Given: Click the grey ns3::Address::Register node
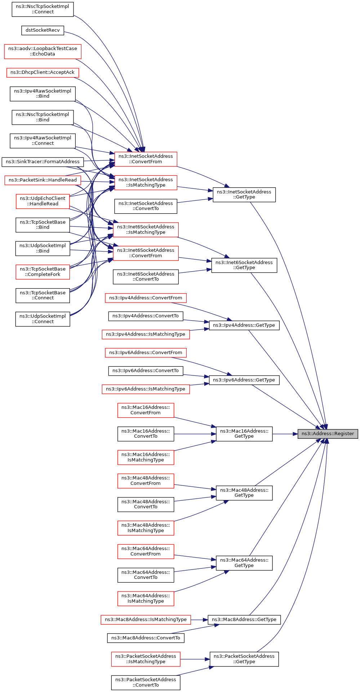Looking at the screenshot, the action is point(328,434).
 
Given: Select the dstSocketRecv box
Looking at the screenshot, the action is point(43,30).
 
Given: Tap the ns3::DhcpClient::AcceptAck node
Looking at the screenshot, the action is point(43,72).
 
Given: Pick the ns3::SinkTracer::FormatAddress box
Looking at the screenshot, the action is point(43,162).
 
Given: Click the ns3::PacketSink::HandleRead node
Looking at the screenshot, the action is point(43,180).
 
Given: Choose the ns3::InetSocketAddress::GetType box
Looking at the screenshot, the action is point(244,195).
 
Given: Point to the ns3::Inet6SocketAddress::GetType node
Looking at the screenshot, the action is point(244,265).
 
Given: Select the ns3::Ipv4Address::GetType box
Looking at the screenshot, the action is point(244,325).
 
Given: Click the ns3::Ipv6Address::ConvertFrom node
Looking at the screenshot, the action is point(146,353).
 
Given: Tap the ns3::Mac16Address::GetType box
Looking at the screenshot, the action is point(244,434).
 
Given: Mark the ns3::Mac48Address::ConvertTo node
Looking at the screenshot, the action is point(146,504).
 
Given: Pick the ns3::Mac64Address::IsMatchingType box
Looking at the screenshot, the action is point(146,598).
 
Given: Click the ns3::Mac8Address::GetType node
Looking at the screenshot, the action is point(244,620).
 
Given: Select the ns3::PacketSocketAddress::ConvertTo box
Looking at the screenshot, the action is point(146,683).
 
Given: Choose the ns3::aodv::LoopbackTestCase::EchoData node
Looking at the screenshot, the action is point(43,51).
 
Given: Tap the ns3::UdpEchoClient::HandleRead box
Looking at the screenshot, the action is point(43,201).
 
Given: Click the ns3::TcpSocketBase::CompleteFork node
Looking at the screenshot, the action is point(43,272).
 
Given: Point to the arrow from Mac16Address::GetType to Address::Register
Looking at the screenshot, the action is point(285,434).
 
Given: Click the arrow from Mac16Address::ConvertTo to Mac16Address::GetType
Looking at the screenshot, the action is point(195,434).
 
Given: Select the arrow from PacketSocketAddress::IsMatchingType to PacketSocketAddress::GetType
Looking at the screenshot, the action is point(195,659).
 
